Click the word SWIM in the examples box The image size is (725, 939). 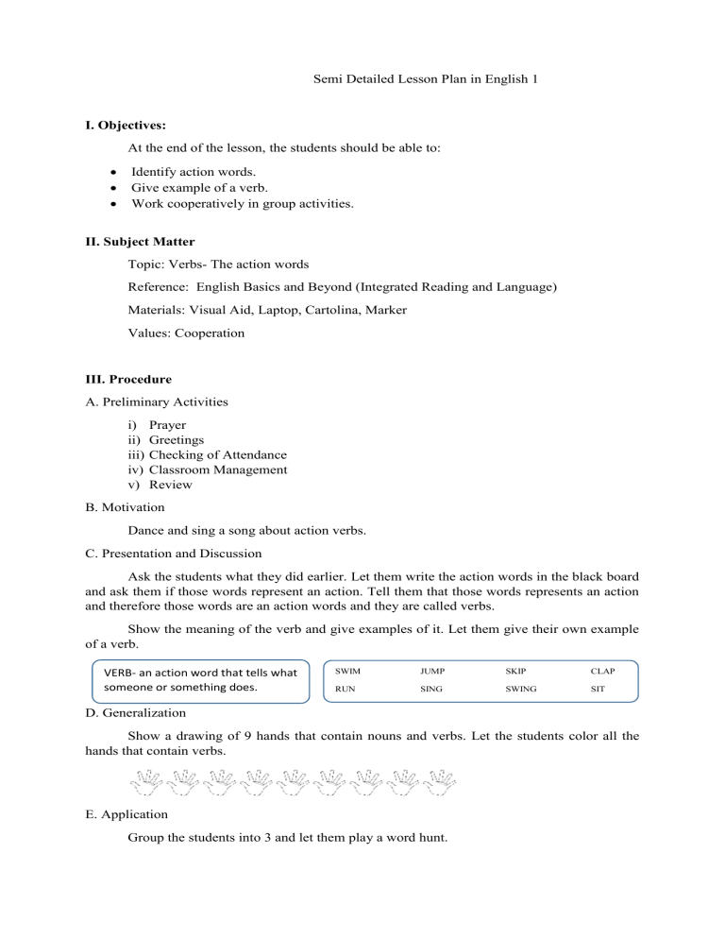348,671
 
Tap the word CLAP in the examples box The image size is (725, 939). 602,671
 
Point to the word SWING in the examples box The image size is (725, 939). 520,690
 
